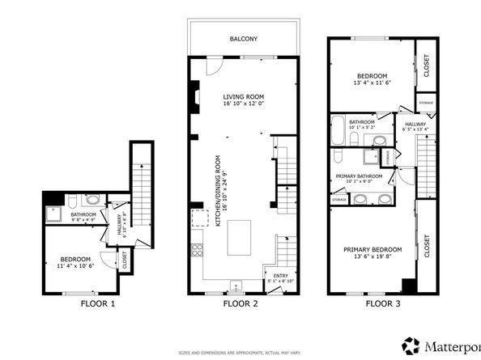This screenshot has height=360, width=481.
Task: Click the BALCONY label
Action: pyautogui.click(x=244, y=37)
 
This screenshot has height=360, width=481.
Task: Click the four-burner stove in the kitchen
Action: pyautogui.click(x=195, y=251)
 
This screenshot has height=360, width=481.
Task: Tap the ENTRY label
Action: pyautogui.click(x=279, y=276)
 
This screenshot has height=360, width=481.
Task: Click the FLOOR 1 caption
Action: pyautogui.click(x=97, y=305)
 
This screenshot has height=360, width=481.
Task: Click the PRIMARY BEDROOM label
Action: pyautogui.click(x=372, y=250)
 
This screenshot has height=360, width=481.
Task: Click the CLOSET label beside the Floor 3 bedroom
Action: pyautogui.click(x=422, y=69)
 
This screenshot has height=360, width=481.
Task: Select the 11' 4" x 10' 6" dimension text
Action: pyautogui.click(x=77, y=265)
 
